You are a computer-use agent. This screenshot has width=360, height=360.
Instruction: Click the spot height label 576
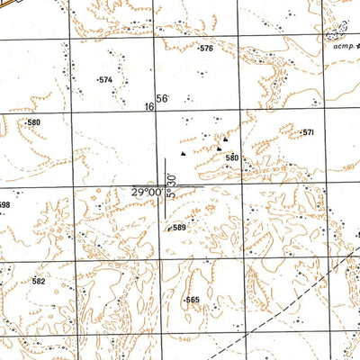(207, 49)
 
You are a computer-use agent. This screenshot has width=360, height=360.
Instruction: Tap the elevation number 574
(105, 80)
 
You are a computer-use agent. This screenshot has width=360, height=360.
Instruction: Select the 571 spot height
(308, 132)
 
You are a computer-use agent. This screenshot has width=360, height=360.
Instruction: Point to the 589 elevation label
(178, 228)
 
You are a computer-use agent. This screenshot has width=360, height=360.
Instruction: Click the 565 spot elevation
(193, 300)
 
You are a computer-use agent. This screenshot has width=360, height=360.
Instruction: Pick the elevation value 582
(38, 281)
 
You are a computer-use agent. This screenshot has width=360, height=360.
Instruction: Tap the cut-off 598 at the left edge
(4, 205)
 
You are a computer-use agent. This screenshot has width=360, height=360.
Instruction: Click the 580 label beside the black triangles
(232, 158)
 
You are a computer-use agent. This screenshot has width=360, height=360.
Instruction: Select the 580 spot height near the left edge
(33, 122)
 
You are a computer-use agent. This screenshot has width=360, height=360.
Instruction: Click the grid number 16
(148, 106)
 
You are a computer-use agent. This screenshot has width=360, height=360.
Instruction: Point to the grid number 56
(162, 99)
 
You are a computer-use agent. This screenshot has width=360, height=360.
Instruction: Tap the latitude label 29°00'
(146, 192)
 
